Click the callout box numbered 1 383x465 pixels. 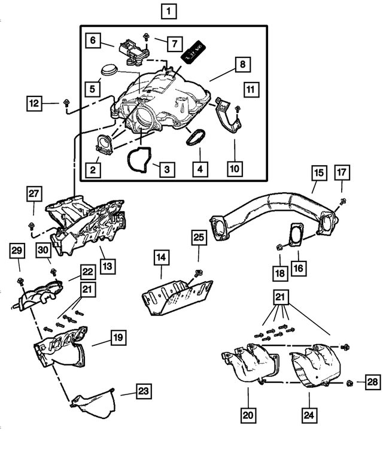[x=169, y=11]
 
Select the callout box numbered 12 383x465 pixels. [x=35, y=104]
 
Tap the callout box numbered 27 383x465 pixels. [x=35, y=193]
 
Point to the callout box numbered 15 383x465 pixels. [x=318, y=174]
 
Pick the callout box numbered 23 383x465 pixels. [x=143, y=392]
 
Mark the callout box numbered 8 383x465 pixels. [x=242, y=64]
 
